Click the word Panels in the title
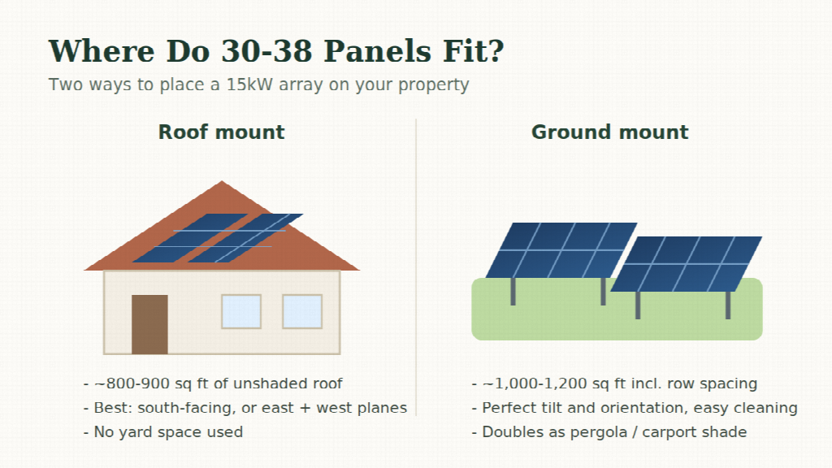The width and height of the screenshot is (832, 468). tap(378, 51)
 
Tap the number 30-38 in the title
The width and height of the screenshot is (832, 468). tap(266, 51)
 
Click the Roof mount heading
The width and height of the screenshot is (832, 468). tap(221, 132)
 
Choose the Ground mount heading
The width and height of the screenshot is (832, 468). tap(609, 132)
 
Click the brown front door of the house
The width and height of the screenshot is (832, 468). tap(149, 324)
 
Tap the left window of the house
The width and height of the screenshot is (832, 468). tap(241, 311)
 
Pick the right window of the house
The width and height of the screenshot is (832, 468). tap(302, 311)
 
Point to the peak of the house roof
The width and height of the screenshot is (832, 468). tap(222, 181)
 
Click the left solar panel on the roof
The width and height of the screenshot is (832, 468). tap(190, 238)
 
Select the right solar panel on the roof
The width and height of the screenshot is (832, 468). tap(245, 238)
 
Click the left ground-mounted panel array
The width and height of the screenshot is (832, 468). tap(561, 250)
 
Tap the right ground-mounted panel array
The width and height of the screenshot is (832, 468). tap(686, 264)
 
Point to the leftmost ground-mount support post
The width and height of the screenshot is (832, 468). tap(513, 292)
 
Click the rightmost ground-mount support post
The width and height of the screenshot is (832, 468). tap(728, 305)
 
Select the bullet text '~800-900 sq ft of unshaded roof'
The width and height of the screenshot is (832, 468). tap(218, 383)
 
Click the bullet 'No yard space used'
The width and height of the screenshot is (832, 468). tap(168, 432)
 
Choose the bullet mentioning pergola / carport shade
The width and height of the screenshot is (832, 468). tap(614, 432)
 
